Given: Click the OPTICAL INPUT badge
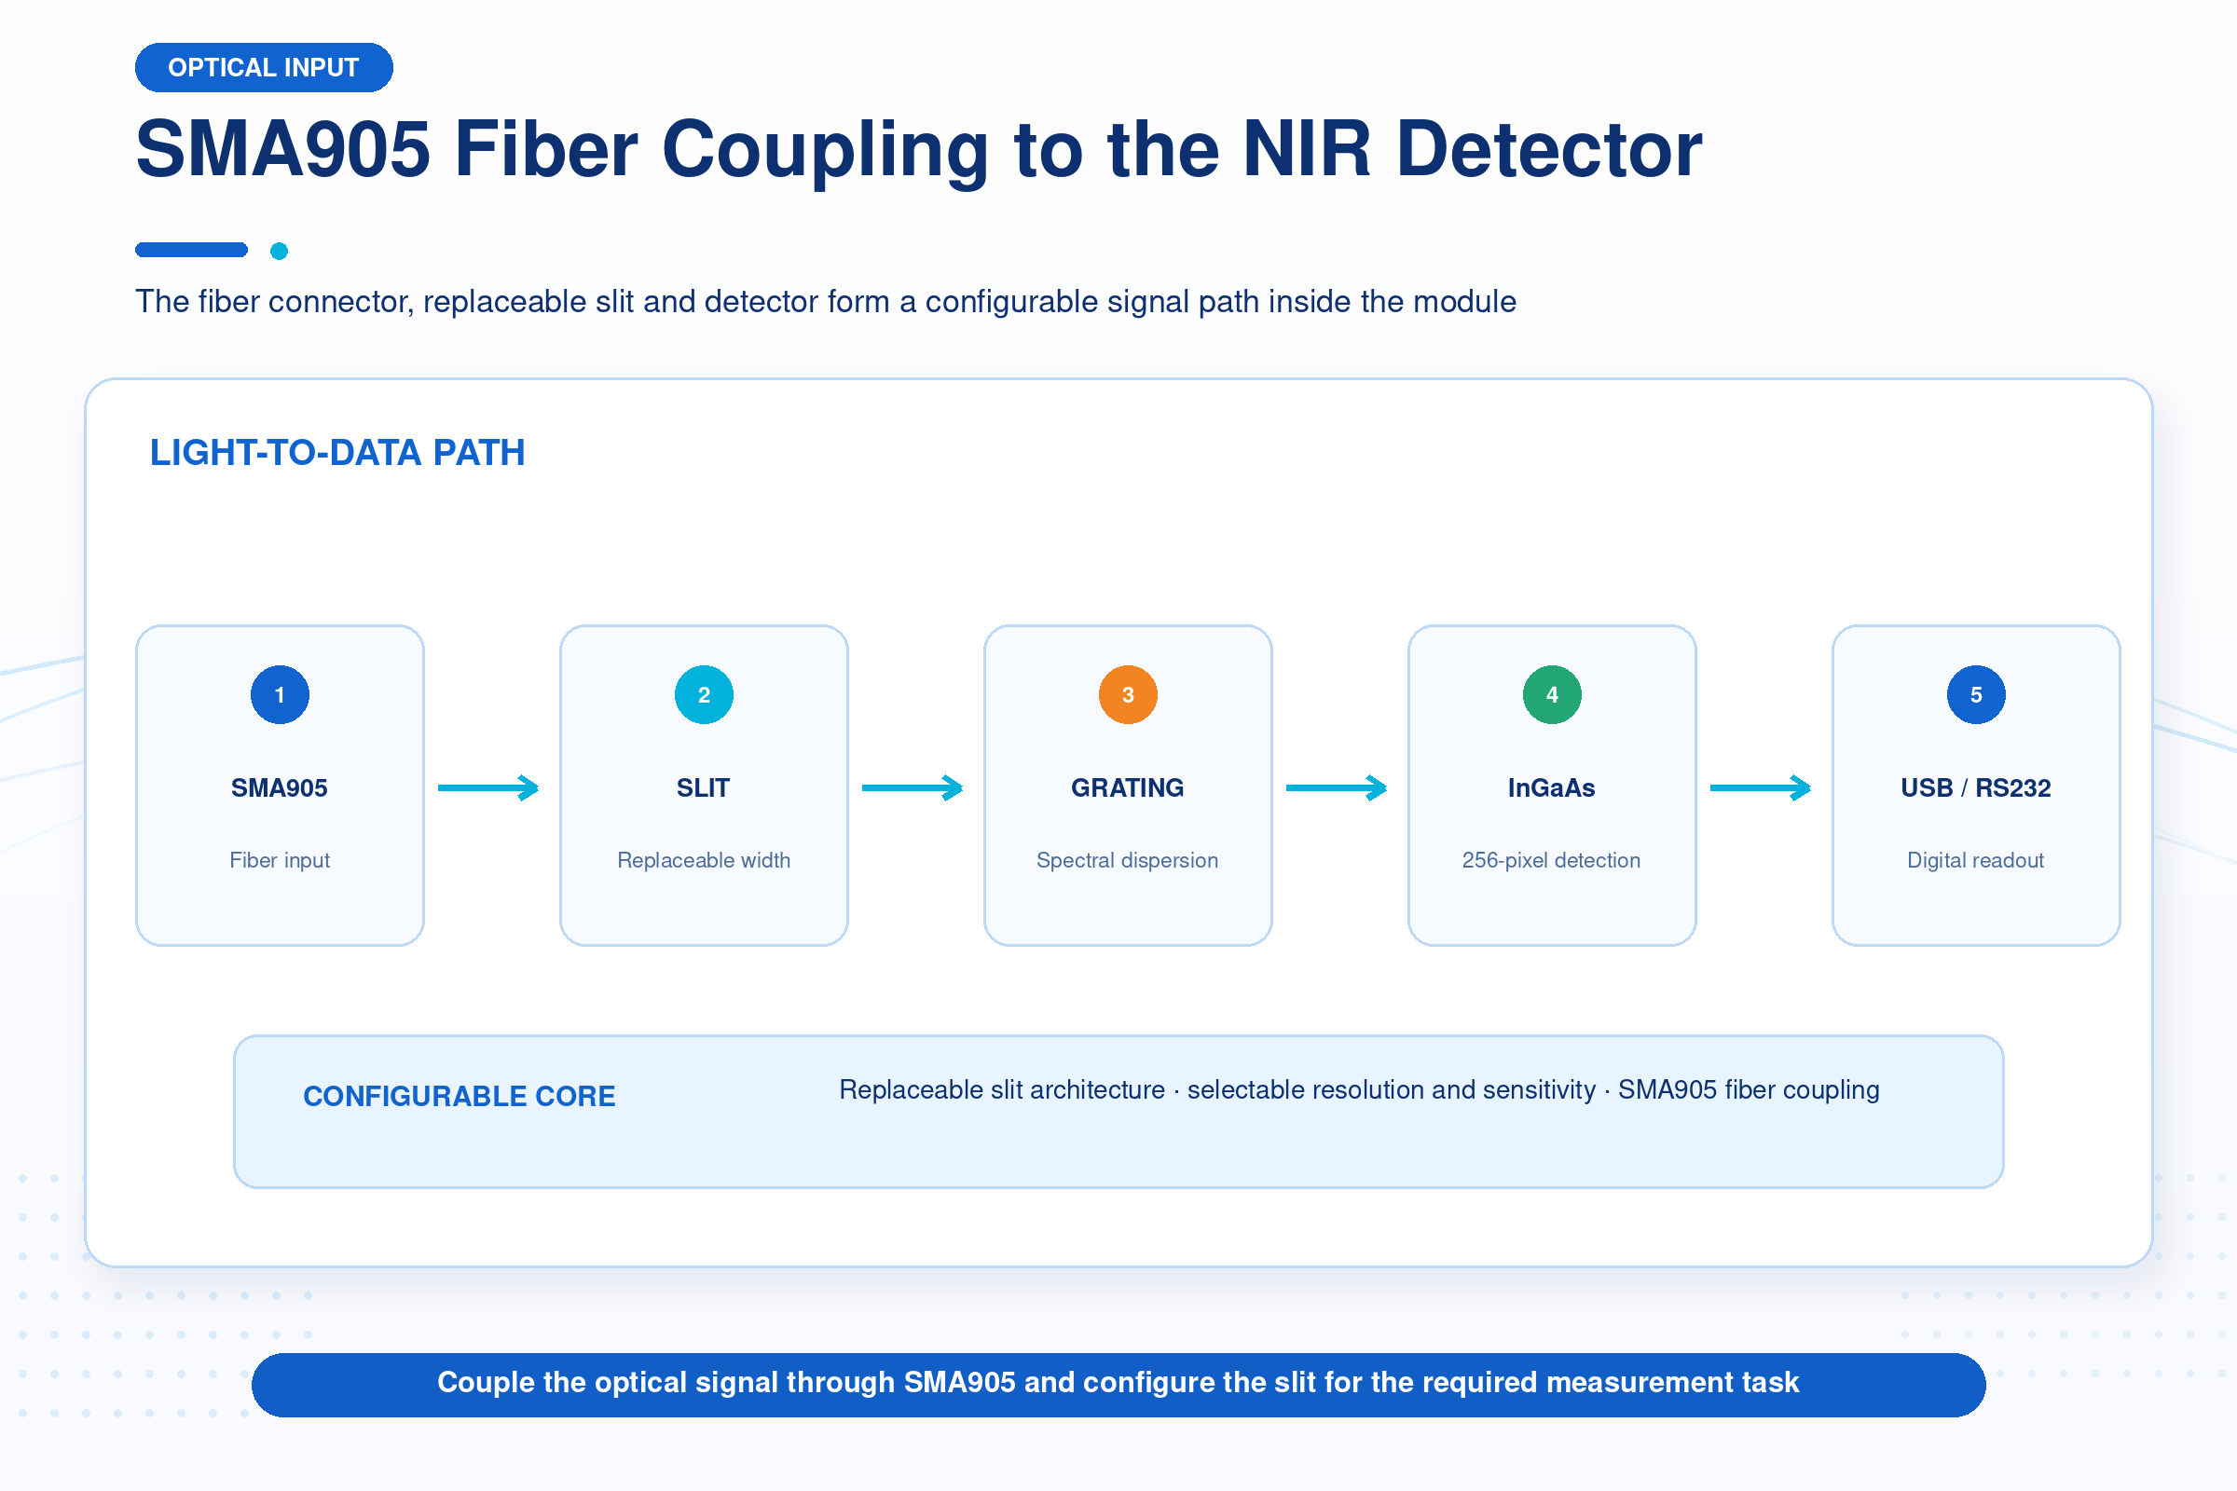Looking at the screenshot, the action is [264, 67].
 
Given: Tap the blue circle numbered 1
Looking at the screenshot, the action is [280, 694].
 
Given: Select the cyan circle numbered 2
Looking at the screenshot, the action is [704, 694].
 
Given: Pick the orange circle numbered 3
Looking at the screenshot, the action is [1128, 694].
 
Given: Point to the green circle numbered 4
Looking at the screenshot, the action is [1552, 694].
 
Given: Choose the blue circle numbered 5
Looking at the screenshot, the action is [1976, 694].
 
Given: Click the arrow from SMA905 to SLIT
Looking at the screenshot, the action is [488, 787].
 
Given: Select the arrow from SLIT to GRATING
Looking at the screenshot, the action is [913, 787].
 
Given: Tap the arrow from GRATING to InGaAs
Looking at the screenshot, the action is [1338, 787].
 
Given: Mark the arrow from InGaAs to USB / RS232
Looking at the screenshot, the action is [1762, 787].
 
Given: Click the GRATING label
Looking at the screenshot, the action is [1128, 787].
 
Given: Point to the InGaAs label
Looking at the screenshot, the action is [1552, 787].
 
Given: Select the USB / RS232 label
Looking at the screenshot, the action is [1976, 787].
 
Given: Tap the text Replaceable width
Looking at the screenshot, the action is [704, 859].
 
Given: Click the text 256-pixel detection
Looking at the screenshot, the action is [1552, 859].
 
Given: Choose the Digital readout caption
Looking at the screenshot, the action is [1976, 859].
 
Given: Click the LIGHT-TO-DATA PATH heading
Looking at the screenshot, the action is [337, 453].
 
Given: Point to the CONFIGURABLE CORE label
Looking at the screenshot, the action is [460, 1097].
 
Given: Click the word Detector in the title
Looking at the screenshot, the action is [1549, 149].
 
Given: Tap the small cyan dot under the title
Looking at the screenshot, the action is [279, 251].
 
